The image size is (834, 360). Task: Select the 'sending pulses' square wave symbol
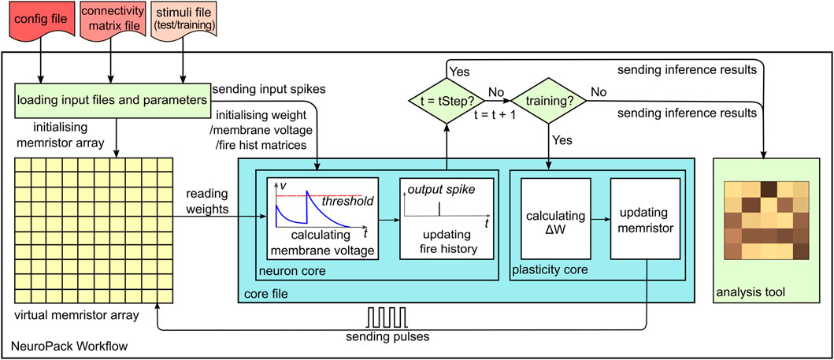[x=387, y=317]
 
